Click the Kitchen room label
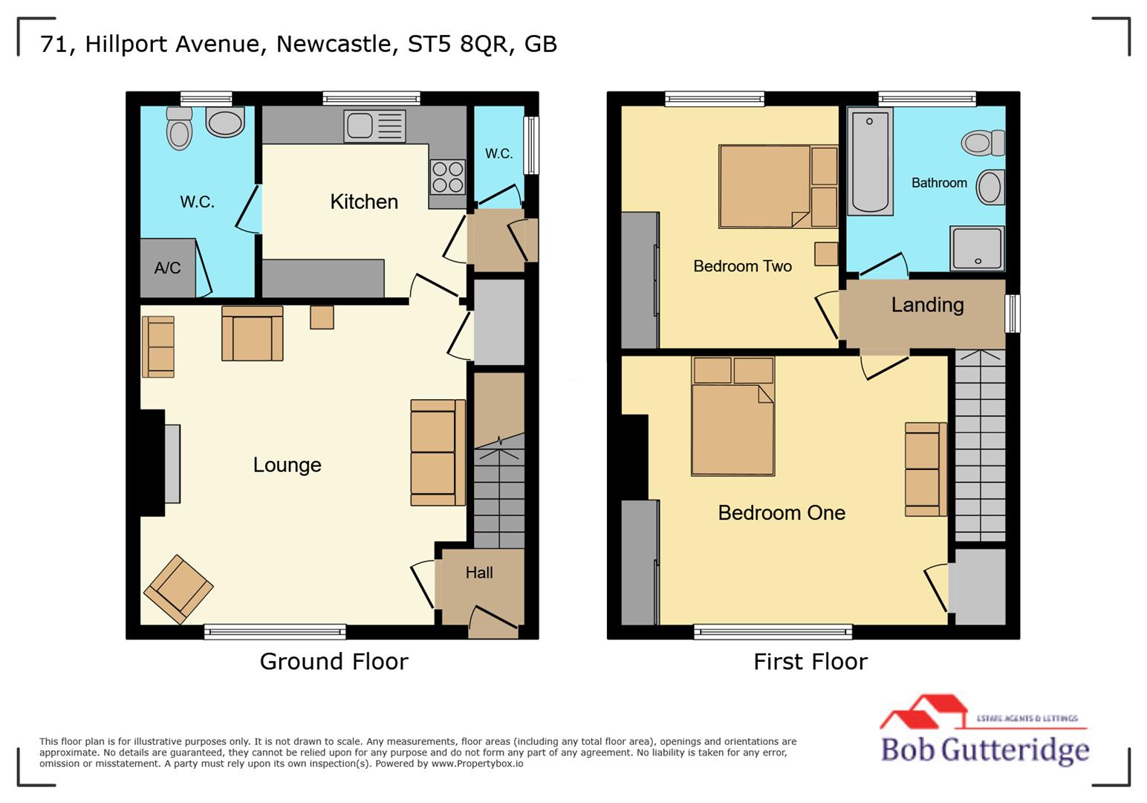click(x=363, y=201)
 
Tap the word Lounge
click(x=287, y=465)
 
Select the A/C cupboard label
click(x=167, y=268)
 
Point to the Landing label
click(x=927, y=305)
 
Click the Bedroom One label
click(x=782, y=512)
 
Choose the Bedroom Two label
click(x=742, y=266)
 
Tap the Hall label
click(x=479, y=573)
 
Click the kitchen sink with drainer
click(x=374, y=126)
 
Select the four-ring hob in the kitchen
click(x=447, y=177)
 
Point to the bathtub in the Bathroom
click(x=870, y=162)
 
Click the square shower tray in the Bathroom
click(x=977, y=248)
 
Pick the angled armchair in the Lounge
click(x=178, y=589)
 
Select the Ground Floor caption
click(x=334, y=661)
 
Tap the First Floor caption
click(x=810, y=661)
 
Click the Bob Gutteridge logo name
click(x=984, y=749)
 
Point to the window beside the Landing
click(x=1013, y=313)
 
